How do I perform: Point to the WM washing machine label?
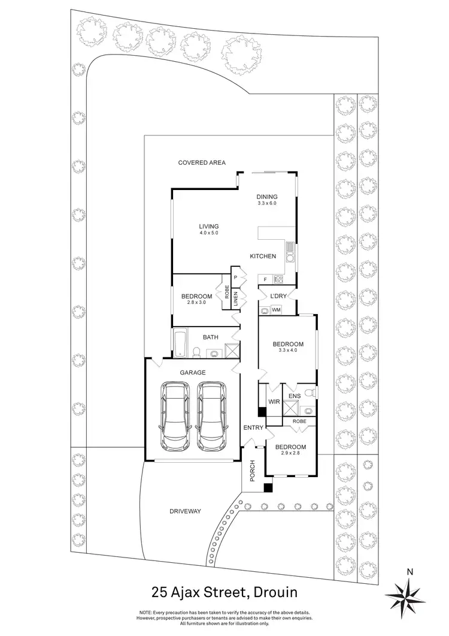point(277,310)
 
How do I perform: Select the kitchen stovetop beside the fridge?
point(278,279)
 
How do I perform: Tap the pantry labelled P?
point(236,277)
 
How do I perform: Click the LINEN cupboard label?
point(236,299)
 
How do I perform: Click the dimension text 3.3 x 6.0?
point(267,204)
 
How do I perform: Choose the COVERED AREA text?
point(201,162)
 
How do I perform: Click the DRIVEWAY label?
point(184,511)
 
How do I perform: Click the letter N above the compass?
point(409,571)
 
